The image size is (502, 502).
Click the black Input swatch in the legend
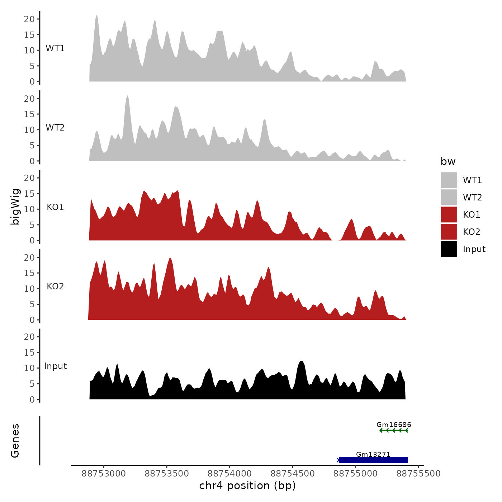(449, 249)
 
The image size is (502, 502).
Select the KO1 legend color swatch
(449, 214)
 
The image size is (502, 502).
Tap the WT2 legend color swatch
(449, 197)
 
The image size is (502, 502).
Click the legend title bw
(448, 162)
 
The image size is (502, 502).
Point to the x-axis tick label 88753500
(167, 474)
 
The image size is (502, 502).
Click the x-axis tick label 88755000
(355, 474)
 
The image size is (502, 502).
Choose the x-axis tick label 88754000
(229, 474)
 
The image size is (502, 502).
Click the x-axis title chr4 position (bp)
(247, 486)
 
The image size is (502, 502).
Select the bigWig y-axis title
(15, 207)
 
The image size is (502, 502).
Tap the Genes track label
(15, 441)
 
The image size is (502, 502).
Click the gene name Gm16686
(394, 425)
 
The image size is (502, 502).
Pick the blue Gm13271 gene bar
(373, 460)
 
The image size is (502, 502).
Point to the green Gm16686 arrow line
(394, 430)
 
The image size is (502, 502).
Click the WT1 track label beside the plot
(55, 48)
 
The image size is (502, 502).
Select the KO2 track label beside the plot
(55, 286)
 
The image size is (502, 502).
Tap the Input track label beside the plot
(56, 366)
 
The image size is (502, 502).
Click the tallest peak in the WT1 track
(97, 16)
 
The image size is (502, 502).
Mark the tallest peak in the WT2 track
(127, 96)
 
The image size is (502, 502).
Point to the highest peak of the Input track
(301, 362)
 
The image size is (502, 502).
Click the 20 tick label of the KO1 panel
(29, 178)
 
